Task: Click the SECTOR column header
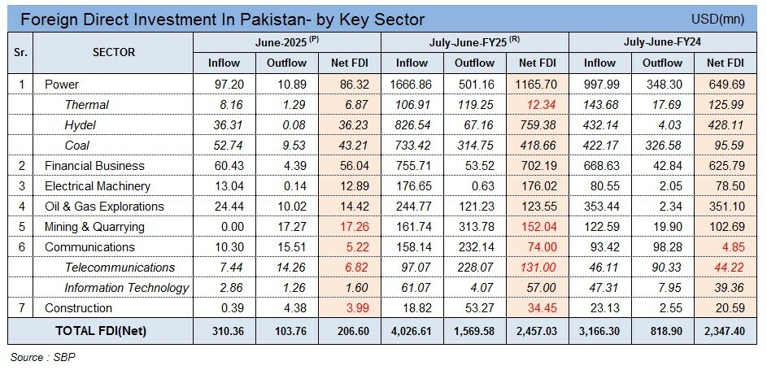click(114, 52)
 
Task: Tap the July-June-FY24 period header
click(662, 41)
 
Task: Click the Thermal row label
click(86, 105)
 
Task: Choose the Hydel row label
click(81, 125)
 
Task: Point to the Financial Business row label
click(94, 166)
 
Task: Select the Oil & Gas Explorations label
click(104, 207)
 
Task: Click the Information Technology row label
click(126, 288)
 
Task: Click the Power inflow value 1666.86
click(411, 85)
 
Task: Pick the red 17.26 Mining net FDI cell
click(350, 227)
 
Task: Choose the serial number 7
click(22, 308)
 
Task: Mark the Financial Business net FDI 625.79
click(726, 166)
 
